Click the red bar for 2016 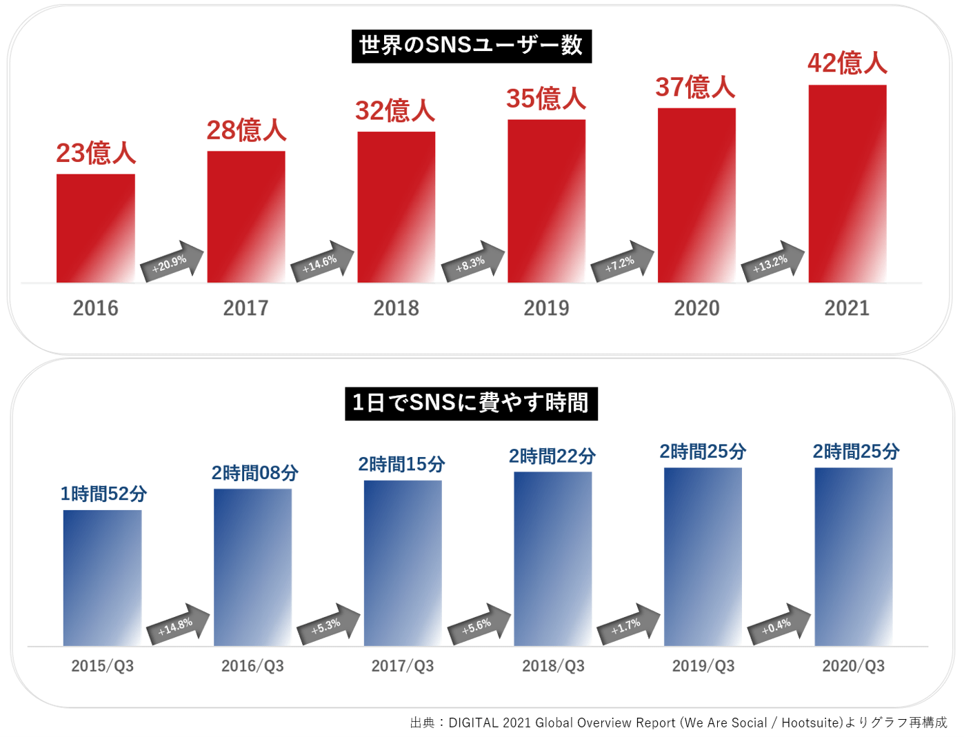click(x=96, y=228)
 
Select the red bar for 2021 click(x=847, y=183)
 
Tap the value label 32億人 click(x=395, y=111)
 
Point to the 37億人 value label click(x=695, y=88)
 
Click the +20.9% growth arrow click(x=172, y=262)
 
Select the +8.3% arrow click(x=473, y=262)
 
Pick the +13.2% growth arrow click(x=773, y=262)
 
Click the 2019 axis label click(x=546, y=308)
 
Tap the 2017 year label click(x=245, y=308)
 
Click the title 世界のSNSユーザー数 click(x=472, y=46)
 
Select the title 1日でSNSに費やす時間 click(x=471, y=403)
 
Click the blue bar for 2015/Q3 click(x=102, y=578)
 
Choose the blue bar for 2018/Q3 click(x=552, y=558)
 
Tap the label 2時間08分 click(x=254, y=473)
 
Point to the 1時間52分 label click(x=103, y=494)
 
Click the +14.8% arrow click(x=178, y=625)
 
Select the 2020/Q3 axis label click(x=853, y=666)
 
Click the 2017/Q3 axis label click(x=403, y=666)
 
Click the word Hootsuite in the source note click(x=810, y=723)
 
